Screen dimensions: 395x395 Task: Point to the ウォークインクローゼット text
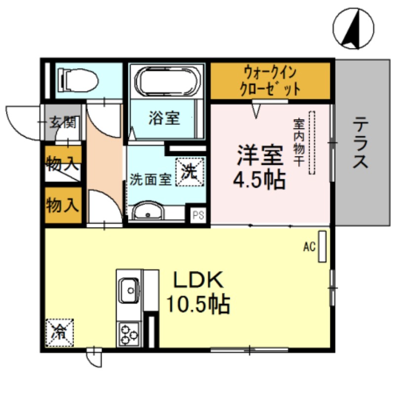click(270, 80)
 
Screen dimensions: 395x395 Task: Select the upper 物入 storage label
click(63, 162)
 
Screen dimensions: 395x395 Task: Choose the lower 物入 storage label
click(63, 203)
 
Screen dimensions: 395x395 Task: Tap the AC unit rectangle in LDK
click(322, 246)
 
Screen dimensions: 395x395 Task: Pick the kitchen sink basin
click(129, 287)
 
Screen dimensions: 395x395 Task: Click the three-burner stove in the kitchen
click(129, 334)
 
